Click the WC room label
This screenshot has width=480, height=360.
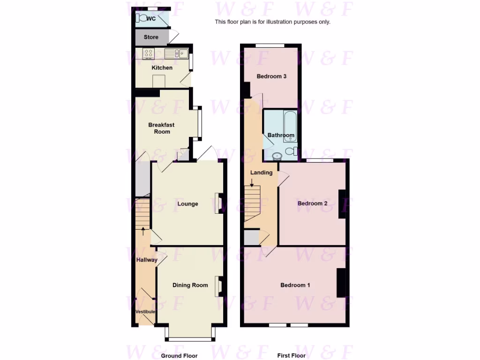coord(151,19)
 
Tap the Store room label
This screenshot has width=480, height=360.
coord(151,37)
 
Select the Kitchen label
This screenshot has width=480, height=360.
coord(162,68)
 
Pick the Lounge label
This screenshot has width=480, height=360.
coord(187,204)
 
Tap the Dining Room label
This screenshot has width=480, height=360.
coord(190,285)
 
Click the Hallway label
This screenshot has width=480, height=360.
coord(146,260)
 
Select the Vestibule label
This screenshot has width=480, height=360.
coord(145,312)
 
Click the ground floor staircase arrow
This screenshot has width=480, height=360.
coord(143,230)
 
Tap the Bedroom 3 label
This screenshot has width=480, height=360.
coord(271,76)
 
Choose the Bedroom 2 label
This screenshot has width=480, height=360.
coord(313,203)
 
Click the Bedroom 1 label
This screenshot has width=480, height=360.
coord(295,285)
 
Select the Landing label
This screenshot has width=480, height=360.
coord(261,172)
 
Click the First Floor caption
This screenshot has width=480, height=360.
coord(291,356)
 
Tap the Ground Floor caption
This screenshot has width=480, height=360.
coord(179,356)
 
